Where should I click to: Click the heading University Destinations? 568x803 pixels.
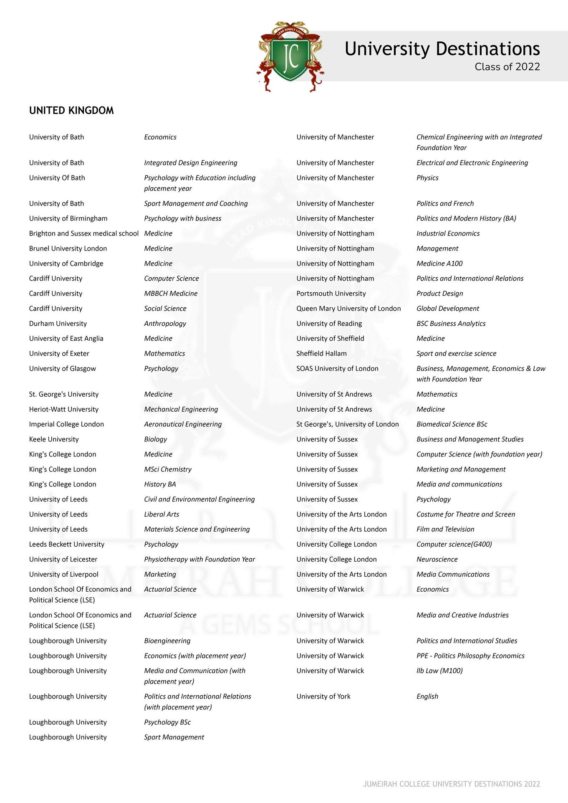tap(442, 49)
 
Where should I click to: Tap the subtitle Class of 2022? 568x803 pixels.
tap(507, 67)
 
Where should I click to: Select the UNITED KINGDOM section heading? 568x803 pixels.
tap(71, 111)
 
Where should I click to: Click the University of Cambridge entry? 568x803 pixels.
tap(66, 263)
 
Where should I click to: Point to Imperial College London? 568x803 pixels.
tap(66, 424)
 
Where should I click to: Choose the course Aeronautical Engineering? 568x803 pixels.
tap(183, 424)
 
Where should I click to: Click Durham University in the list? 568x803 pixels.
tap(58, 324)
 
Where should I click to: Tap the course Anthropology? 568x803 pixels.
tap(165, 324)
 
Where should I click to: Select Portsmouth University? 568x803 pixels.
tap(331, 294)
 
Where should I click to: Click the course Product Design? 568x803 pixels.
tap(439, 294)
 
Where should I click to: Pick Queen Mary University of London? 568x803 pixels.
tap(348, 309)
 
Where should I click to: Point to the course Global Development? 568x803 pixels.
tap(448, 309)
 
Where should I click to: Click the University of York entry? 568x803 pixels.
tap(323, 697)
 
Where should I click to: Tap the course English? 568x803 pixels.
tap(427, 697)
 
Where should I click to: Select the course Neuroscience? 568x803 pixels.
tap(437, 560)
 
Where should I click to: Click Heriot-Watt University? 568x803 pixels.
tap(64, 409)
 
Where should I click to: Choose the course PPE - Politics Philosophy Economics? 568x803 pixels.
tap(470, 656)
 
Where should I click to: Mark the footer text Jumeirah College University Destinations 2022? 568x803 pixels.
tap(452, 784)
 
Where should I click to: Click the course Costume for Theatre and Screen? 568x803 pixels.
tap(466, 514)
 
